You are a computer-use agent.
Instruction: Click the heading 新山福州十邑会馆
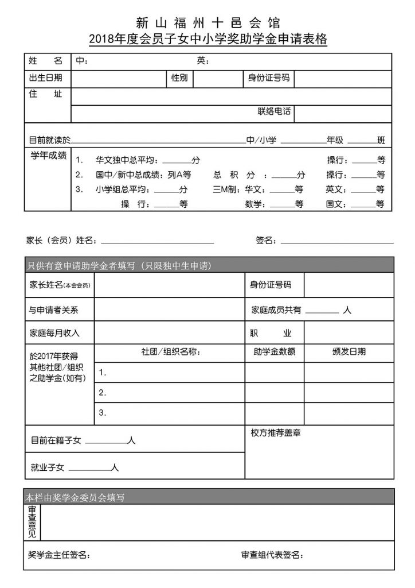point(207,23)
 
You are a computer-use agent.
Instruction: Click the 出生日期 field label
point(45,78)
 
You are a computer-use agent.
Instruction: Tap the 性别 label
point(179,78)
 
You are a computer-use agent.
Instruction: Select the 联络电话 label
point(274,112)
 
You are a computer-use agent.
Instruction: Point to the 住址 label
point(45,94)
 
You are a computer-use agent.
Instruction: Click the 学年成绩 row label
point(48,155)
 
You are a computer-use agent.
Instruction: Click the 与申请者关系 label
point(54,310)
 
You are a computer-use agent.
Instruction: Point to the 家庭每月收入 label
point(54,333)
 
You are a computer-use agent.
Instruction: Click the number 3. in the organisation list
point(103,412)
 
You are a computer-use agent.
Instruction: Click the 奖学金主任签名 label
point(58,555)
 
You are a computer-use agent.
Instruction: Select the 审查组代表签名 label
point(272,555)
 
